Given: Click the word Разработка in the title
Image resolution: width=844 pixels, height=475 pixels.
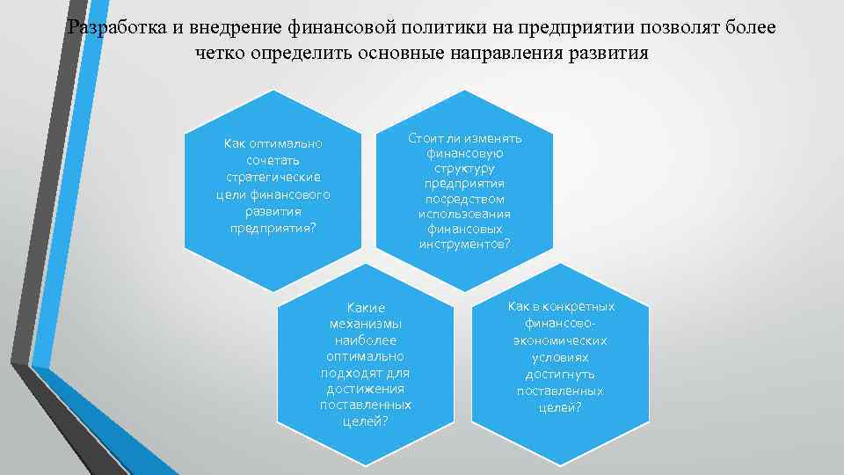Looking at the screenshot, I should [x=115, y=26].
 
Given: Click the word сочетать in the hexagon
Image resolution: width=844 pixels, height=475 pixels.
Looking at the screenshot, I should [x=273, y=160].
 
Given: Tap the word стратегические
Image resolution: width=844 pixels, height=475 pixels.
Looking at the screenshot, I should [x=273, y=177].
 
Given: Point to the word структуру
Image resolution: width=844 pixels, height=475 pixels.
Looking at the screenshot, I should [x=464, y=169].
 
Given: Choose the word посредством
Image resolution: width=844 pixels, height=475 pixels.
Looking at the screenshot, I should [x=464, y=199].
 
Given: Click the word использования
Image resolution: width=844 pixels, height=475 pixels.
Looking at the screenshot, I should [x=464, y=214].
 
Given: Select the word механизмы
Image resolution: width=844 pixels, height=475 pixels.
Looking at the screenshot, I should [x=366, y=324].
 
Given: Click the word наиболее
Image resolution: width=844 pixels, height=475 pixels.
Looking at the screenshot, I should [x=366, y=340].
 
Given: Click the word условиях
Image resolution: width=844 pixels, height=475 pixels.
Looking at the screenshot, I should [x=560, y=358].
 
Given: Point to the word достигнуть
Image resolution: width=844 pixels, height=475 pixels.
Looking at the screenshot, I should [x=560, y=374].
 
